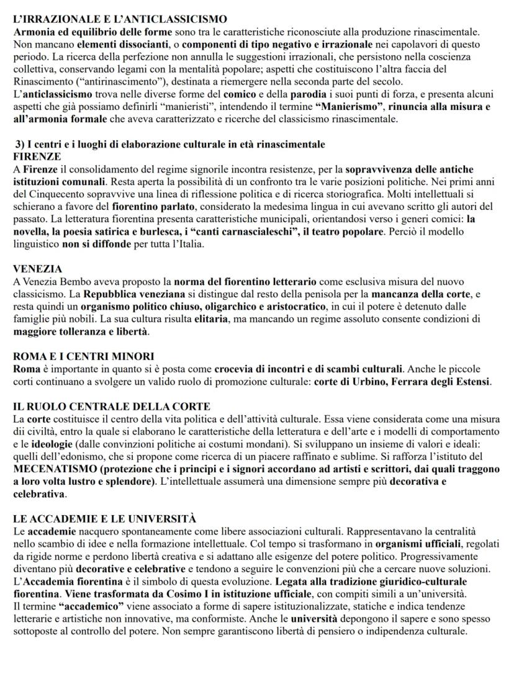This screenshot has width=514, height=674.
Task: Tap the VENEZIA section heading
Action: click(x=38, y=269)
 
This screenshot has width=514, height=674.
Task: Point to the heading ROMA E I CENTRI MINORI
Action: click(x=84, y=356)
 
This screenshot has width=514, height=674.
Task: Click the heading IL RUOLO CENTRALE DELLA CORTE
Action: click(x=112, y=407)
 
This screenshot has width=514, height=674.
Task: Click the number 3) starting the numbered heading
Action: click(x=21, y=145)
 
